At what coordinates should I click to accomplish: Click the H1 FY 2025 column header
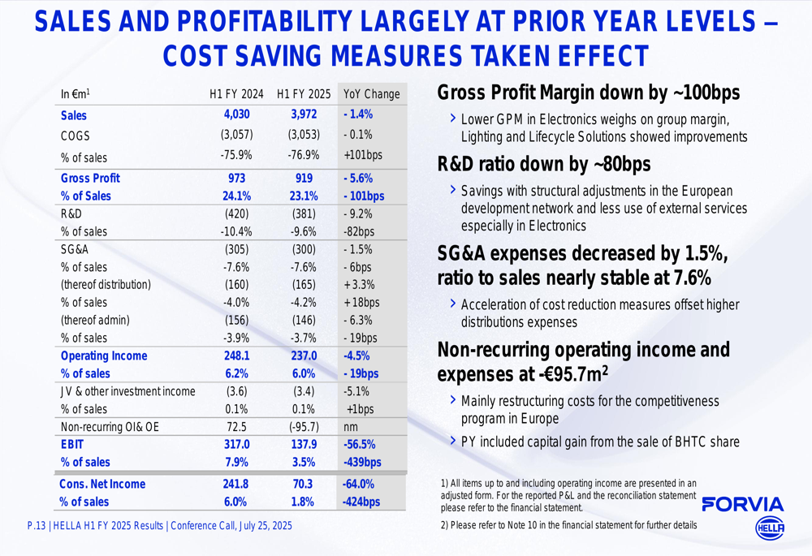point(303,94)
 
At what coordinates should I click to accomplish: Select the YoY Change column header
point(372,94)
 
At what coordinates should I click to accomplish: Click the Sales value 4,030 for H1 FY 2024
point(237,115)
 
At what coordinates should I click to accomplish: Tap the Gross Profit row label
point(90,178)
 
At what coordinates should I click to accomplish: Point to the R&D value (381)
point(303,213)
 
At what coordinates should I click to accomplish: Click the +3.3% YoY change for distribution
point(361,285)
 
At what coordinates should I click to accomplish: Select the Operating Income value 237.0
point(303,356)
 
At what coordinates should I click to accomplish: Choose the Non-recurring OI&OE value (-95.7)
point(303,427)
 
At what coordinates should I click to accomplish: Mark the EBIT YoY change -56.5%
point(358,445)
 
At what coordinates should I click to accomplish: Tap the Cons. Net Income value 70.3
point(303,484)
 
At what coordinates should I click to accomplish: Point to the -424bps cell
point(361,502)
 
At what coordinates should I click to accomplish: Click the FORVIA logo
point(742,504)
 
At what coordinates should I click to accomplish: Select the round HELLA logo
point(770,528)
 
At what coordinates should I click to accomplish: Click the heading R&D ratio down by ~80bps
point(543,165)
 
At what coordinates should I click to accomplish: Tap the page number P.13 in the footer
point(36,526)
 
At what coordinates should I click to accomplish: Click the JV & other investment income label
point(127,391)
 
